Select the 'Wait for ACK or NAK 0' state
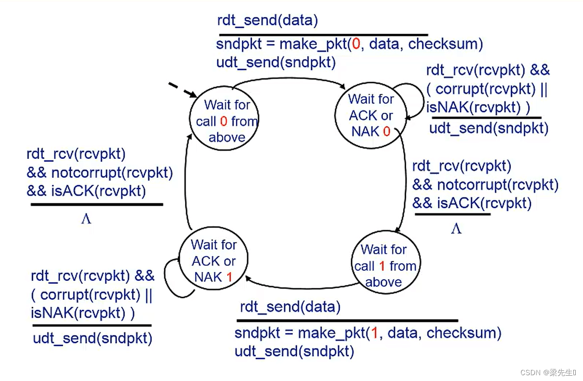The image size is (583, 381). pyautogui.click(x=371, y=115)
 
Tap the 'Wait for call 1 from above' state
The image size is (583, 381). pyautogui.click(x=384, y=265)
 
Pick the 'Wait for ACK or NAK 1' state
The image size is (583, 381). pyautogui.click(x=213, y=261)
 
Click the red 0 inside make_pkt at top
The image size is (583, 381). pyautogui.click(x=356, y=45)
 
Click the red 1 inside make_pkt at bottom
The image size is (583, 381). pyautogui.click(x=374, y=333)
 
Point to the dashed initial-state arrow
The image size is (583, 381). pyautogui.click(x=181, y=90)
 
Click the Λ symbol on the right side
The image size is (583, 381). pyautogui.click(x=456, y=229)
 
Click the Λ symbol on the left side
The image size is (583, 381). pyautogui.click(x=86, y=219)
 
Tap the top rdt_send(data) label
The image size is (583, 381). pyautogui.click(x=268, y=21)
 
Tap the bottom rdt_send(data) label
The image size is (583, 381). pyautogui.click(x=290, y=307)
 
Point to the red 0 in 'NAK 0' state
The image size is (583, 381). pyautogui.click(x=387, y=132)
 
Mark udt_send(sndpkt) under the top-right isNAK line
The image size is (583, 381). pyautogui.click(x=488, y=128)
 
